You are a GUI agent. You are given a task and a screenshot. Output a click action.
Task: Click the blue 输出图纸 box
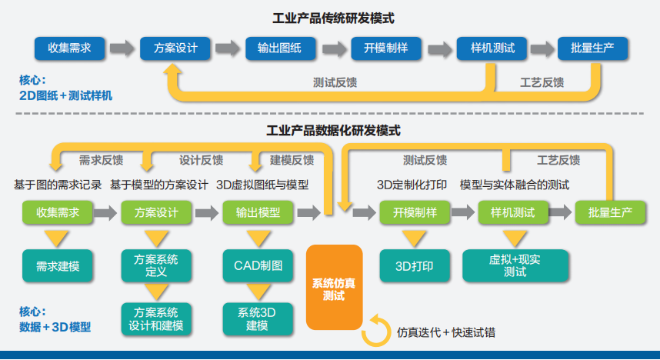coord(280,48)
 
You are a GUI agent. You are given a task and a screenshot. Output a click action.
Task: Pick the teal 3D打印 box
coord(415,266)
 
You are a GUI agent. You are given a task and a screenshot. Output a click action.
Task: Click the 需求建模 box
coord(58,266)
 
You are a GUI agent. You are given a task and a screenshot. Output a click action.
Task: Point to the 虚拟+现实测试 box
coord(515,266)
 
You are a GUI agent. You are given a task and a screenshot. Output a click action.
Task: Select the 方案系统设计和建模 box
coord(156,319)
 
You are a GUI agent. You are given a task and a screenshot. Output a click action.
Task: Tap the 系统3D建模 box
coord(257,319)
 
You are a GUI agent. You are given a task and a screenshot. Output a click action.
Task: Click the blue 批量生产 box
coord(593,48)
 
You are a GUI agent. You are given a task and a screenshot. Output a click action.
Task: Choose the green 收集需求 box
coord(58,213)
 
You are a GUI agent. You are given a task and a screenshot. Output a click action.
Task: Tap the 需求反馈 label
coord(101,161)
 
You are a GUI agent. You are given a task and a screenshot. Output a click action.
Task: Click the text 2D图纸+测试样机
coord(65,96)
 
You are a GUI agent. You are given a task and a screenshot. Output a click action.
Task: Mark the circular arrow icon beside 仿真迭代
coord(376,331)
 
